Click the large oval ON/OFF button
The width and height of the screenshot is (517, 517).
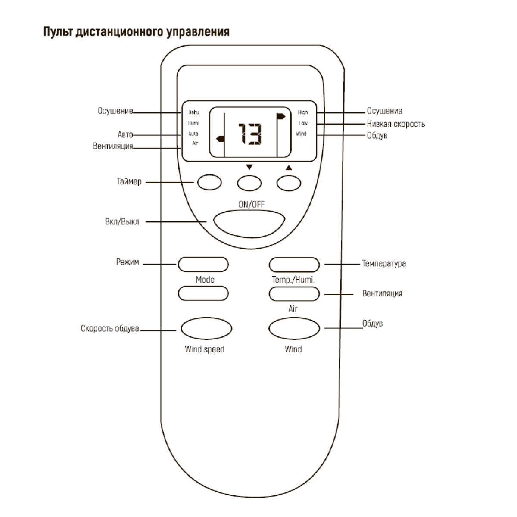click(249, 222)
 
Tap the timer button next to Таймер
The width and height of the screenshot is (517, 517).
click(209, 183)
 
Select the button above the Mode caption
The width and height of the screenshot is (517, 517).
click(203, 264)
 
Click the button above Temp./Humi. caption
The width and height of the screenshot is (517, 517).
click(294, 264)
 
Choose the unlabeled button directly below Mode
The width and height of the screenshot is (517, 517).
click(203, 293)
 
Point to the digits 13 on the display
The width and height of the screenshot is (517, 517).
click(250, 134)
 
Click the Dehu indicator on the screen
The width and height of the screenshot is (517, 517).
click(194, 113)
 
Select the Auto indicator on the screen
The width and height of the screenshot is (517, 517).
click(193, 134)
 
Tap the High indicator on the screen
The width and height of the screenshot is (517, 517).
click(303, 113)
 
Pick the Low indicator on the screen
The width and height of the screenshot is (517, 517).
click(303, 123)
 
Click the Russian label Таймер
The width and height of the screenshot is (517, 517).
click(129, 182)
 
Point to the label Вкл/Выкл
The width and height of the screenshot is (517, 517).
click(122, 222)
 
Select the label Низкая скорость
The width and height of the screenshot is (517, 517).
click(396, 124)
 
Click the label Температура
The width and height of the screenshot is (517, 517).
click(384, 263)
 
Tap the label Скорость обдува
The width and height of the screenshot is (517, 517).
click(110, 329)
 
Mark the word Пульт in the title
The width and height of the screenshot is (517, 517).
click(58, 32)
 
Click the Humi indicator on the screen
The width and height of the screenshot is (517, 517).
click(193, 123)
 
